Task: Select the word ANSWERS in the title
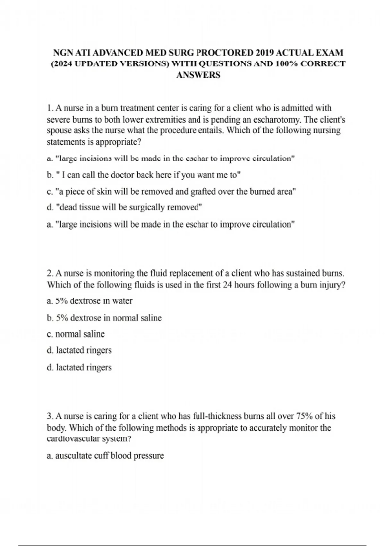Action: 198,75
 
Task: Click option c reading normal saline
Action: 76,334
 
